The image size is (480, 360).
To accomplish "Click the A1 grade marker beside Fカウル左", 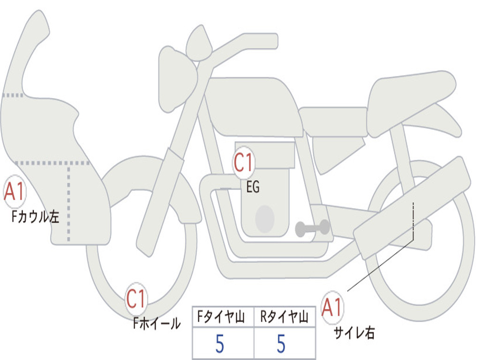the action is (x=14, y=192).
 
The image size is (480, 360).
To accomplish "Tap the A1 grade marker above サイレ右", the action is (x=332, y=308).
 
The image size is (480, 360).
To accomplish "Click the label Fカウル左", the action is (x=36, y=217).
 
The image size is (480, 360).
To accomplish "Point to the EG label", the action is (x=253, y=187).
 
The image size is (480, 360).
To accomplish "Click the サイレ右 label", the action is (x=354, y=333).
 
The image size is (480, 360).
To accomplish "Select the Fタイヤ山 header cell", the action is (x=222, y=317).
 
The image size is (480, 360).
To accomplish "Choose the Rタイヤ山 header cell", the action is (x=285, y=317).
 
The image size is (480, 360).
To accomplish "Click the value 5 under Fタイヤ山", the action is (x=219, y=345).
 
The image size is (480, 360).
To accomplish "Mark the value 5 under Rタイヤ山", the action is (x=281, y=345).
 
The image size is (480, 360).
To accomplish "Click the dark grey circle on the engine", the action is (x=264, y=219).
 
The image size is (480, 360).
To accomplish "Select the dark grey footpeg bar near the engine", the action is (x=313, y=228).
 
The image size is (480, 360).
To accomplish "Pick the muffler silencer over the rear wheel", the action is (x=412, y=209).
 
